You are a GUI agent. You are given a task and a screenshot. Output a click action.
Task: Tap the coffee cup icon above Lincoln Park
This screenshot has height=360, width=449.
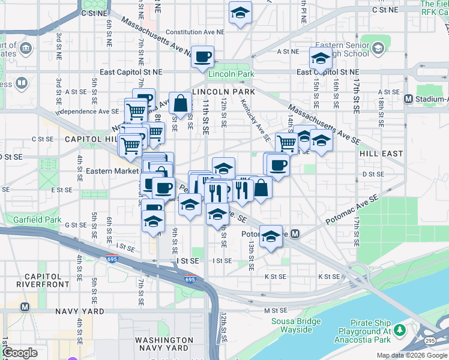[203, 56]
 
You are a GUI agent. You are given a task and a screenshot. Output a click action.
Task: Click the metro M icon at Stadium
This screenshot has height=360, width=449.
[409, 98]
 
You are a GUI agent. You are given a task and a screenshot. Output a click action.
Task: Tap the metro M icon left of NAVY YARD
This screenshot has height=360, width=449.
[25, 306]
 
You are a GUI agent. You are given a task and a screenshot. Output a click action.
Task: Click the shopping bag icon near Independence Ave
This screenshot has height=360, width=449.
[180, 103]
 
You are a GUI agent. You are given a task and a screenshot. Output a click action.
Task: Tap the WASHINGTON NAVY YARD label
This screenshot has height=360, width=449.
[156, 344]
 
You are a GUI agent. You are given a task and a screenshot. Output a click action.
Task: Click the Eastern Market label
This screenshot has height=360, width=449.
[112, 171]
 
